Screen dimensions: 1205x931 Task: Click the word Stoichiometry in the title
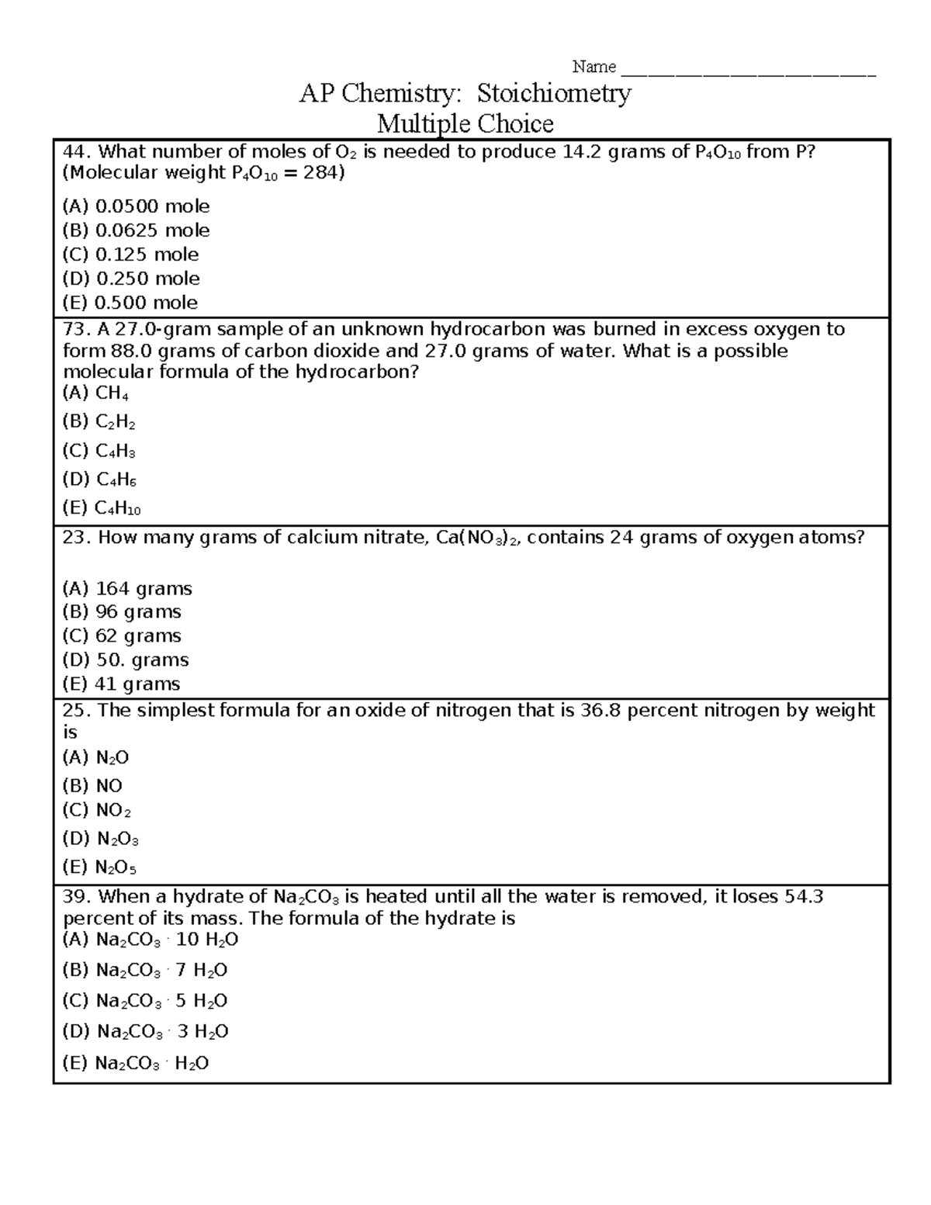tap(553, 94)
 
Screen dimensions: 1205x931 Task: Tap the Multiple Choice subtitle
tap(465, 123)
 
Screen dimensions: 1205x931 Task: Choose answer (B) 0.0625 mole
tap(136, 230)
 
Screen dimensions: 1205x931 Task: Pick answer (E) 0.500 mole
tap(130, 303)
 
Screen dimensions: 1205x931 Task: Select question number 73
tap(77, 329)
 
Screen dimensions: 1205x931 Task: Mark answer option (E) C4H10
tap(101, 508)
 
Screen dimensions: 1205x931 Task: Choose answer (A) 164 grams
tap(127, 589)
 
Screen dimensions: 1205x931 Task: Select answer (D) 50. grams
tap(126, 660)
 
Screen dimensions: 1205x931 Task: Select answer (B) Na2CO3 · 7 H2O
tap(144, 971)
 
